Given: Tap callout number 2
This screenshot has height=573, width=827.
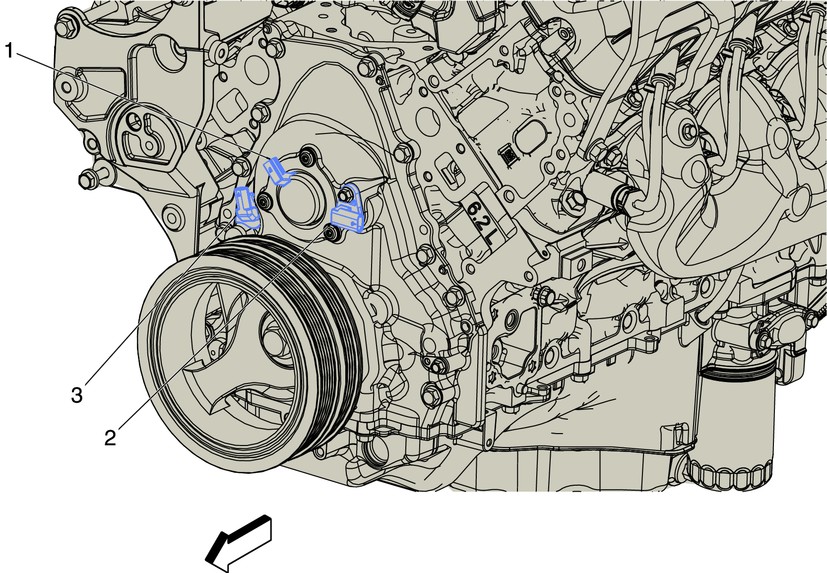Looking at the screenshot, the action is click(110, 438).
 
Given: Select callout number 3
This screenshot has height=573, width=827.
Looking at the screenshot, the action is click(77, 395).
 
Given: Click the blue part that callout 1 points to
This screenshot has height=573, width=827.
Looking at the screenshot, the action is click(279, 171).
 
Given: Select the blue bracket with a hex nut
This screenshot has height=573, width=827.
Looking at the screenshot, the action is click(348, 209).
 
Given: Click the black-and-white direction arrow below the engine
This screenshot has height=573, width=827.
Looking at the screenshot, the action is click(239, 543).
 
